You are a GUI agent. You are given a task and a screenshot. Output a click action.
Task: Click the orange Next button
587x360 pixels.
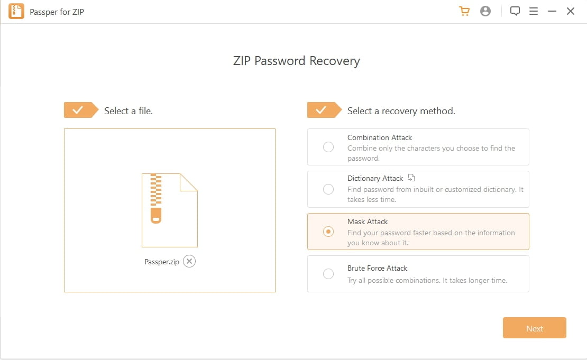(x=534, y=328)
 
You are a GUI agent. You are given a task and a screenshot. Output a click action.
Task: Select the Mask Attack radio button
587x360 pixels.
(x=328, y=232)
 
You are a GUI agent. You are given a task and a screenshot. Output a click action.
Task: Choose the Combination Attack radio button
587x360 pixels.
(x=328, y=147)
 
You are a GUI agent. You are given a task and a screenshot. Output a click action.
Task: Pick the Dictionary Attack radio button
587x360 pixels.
(x=328, y=189)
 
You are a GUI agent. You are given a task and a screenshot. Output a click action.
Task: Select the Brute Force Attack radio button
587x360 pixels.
(x=328, y=274)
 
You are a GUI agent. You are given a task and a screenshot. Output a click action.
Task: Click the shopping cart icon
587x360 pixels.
(x=464, y=11)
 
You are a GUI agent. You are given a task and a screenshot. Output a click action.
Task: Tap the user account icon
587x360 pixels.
(x=485, y=11)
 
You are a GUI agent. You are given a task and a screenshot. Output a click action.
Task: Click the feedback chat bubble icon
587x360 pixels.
(x=515, y=11)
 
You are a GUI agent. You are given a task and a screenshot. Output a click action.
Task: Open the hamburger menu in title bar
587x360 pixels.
(x=534, y=11)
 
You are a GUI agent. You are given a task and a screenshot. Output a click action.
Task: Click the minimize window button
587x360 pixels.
(x=552, y=11)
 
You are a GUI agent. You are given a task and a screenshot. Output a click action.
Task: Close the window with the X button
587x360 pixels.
(x=571, y=11)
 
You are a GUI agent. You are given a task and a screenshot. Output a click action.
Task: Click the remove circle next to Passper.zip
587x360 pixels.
(x=189, y=261)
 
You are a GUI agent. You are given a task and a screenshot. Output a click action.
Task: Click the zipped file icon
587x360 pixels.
(x=169, y=210)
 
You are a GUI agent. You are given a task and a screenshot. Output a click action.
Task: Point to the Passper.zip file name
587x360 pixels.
(x=162, y=262)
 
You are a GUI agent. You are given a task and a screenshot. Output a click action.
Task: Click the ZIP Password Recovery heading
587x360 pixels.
(x=296, y=61)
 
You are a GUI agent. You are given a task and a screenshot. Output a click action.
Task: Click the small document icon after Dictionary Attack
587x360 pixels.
(x=412, y=178)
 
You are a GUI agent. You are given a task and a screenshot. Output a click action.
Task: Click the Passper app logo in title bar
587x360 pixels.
(x=16, y=11)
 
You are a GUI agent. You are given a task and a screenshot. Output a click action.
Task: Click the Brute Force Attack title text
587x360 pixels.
(x=377, y=268)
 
